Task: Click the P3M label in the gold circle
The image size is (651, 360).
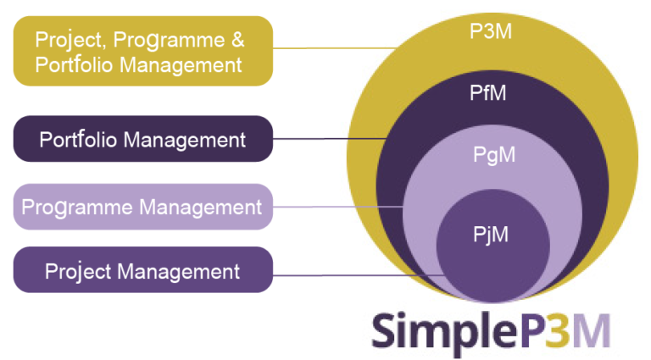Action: (x=492, y=32)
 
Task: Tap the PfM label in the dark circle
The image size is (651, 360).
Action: (x=492, y=93)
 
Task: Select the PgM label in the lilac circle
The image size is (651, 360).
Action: (x=493, y=155)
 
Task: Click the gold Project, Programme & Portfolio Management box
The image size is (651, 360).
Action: (x=142, y=51)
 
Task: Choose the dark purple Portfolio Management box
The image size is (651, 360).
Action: (x=142, y=139)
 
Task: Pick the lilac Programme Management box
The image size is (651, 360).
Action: (x=142, y=207)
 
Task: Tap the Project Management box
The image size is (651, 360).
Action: (x=142, y=272)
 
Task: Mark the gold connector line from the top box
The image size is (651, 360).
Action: (x=335, y=48)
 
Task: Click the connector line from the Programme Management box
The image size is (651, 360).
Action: (x=339, y=207)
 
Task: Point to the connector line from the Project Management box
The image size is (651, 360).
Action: (x=356, y=274)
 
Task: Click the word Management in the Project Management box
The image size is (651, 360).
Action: (x=179, y=272)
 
